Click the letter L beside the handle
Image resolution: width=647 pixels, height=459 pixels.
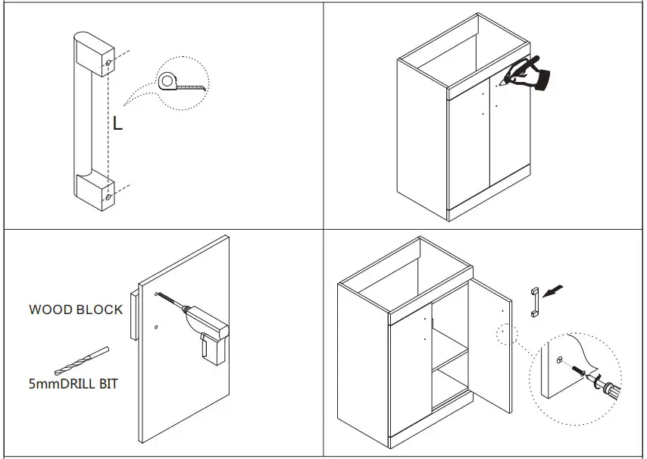pos(117,123)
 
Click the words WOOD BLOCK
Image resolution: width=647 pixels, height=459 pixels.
pos(76,310)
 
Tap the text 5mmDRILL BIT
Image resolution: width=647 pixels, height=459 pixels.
pos(73,383)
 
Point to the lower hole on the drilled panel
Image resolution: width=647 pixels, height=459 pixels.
pos(155,328)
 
